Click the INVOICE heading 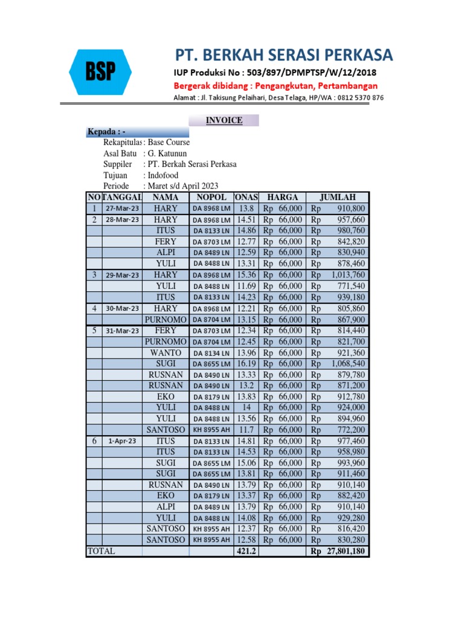click(224, 120)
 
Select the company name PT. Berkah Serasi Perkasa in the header click(283, 55)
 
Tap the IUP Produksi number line click(275, 73)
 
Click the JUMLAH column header click(337, 197)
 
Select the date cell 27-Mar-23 click(123, 209)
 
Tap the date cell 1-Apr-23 click(123, 441)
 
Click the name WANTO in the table click(166, 352)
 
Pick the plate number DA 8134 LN click(211, 353)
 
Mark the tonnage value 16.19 click(246, 363)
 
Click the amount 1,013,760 click(348, 274)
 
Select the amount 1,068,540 click(348, 363)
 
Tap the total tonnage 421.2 click(246, 551)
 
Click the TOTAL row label click(101, 551)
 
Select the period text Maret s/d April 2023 click(182, 186)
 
